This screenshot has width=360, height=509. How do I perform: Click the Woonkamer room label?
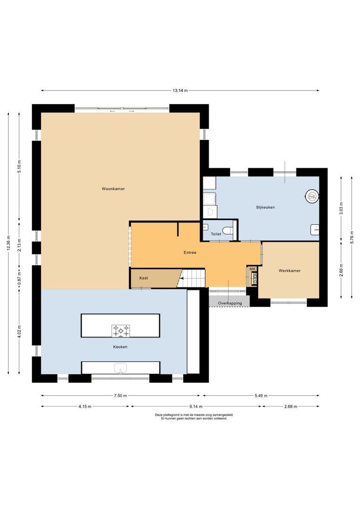coord(113,189)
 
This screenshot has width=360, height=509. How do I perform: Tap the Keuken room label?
coord(120,346)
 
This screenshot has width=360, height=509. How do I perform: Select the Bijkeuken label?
coord(265,207)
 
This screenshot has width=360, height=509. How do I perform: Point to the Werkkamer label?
coord(289,271)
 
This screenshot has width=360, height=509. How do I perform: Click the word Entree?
coord(190,253)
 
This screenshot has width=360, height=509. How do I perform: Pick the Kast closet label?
coord(144,278)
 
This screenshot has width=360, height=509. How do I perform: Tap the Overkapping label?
coord(229,303)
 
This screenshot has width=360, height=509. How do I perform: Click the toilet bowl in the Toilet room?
coord(228,231)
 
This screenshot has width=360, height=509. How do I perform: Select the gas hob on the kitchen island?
coord(120,331)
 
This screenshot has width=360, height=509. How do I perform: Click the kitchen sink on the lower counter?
coord(121,368)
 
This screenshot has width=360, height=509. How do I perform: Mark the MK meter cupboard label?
coord(252,269)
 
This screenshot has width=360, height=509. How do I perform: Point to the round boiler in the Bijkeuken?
coord(311,196)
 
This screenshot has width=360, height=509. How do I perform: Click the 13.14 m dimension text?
coord(180,90)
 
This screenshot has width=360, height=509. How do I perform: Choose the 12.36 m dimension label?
coord(8,243)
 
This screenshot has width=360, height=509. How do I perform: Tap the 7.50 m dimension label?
coord(121,396)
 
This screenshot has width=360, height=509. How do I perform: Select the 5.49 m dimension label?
coord(260,396)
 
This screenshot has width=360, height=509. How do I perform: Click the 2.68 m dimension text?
coord(290,406)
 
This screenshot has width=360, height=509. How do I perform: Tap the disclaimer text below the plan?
coord(194,417)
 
